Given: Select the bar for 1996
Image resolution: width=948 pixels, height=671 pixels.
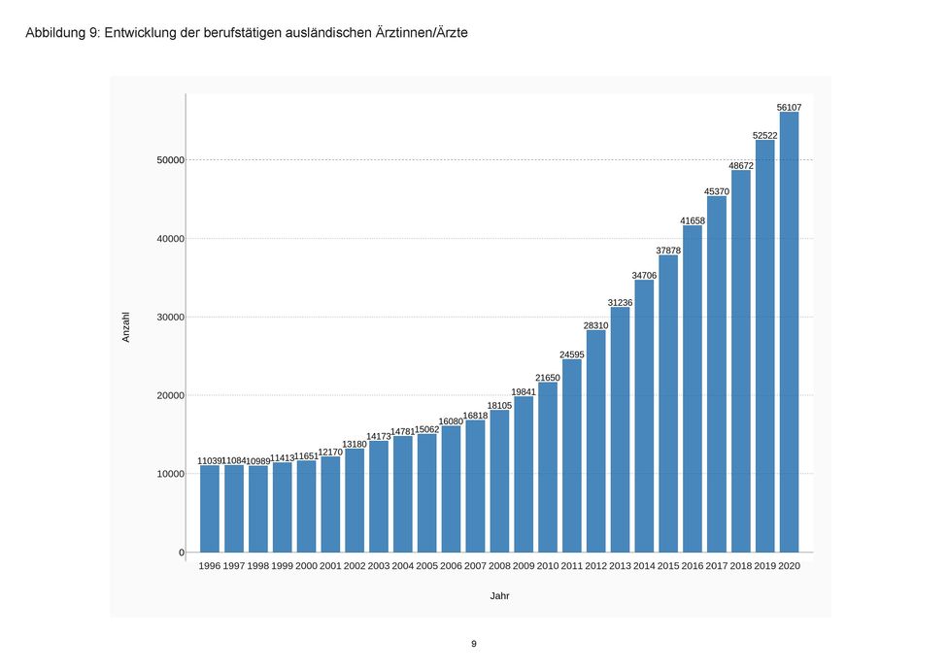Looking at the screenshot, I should click(x=210, y=509).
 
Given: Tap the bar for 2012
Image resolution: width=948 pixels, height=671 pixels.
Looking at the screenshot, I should click(x=595, y=441).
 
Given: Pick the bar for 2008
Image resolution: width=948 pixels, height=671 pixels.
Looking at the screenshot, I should click(x=499, y=481).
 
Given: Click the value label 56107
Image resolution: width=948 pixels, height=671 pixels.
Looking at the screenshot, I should click(x=789, y=107).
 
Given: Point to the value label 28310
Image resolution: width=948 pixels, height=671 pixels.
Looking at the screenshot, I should click(x=595, y=325).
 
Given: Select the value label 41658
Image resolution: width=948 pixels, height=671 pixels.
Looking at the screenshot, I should click(x=693, y=220).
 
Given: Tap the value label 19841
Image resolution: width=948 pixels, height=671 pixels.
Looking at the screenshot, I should click(x=524, y=391).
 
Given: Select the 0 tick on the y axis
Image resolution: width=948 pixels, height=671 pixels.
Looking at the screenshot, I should click(x=181, y=553).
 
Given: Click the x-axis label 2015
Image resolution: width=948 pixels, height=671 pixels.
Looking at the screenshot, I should click(x=668, y=565).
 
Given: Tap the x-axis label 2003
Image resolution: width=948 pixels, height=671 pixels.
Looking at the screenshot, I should click(x=379, y=565).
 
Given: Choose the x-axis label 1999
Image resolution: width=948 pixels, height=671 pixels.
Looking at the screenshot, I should click(x=282, y=565).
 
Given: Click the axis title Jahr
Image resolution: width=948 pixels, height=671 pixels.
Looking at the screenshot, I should click(x=499, y=595).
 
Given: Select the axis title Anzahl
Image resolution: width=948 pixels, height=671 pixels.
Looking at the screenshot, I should click(x=126, y=326).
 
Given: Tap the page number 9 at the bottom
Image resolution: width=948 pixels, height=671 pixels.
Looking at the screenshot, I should click(x=474, y=644).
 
